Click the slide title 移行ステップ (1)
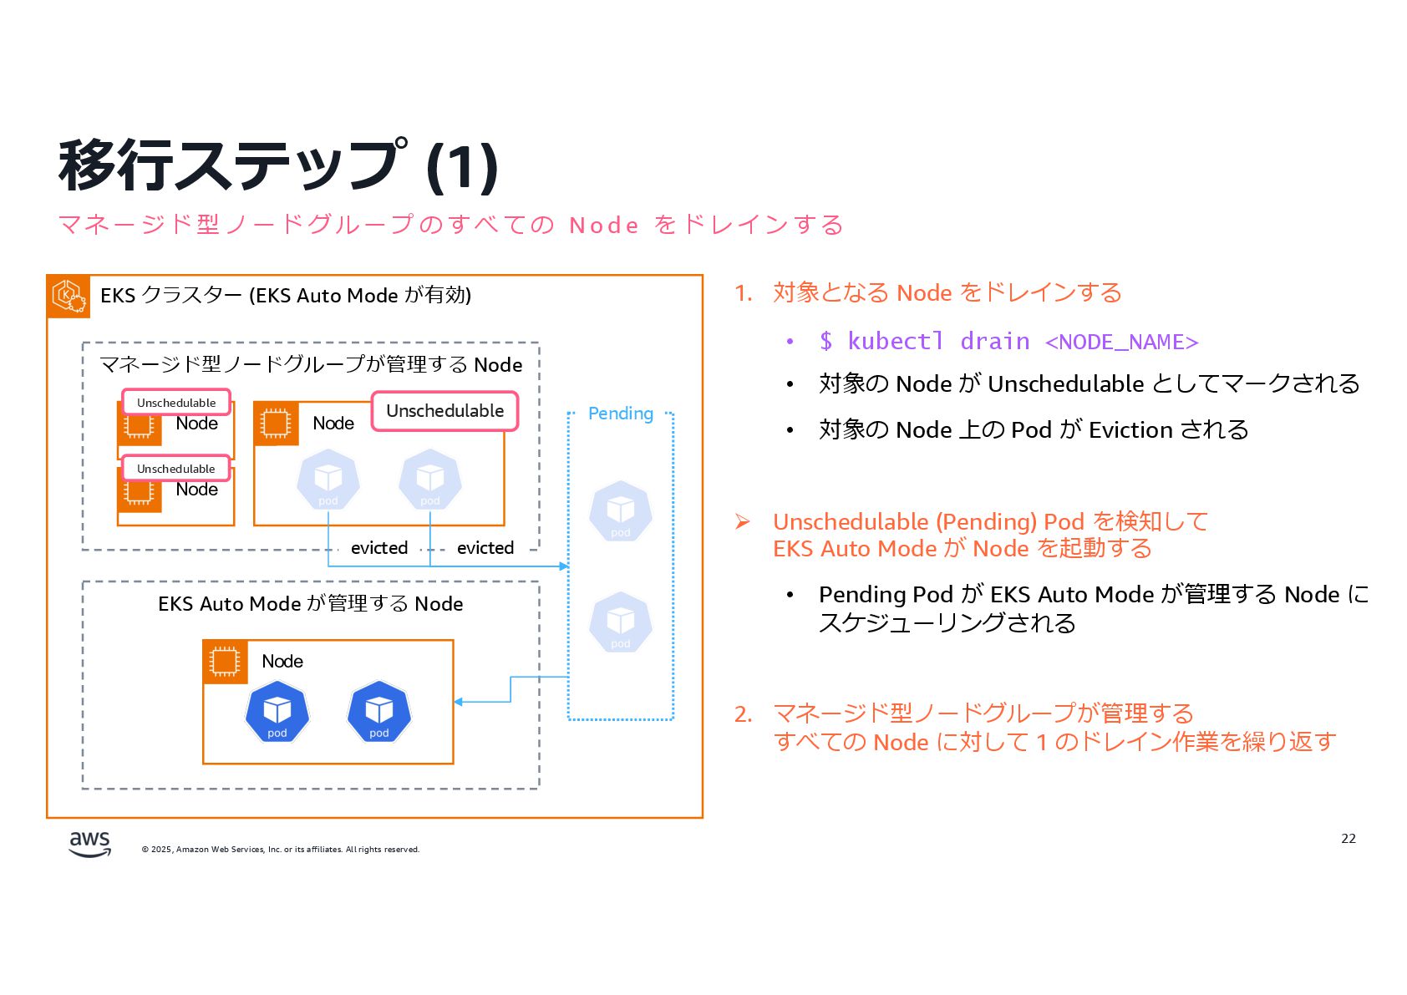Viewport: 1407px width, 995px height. (x=278, y=165)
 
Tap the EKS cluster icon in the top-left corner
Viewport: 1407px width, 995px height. (x=69, y=297)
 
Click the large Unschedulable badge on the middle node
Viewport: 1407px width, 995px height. (x=444, y=411)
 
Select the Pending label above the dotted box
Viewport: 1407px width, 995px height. (x=620, y=414)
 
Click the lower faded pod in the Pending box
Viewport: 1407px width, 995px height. (x=620, y=622)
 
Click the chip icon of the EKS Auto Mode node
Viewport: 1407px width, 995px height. (x=225, y=662)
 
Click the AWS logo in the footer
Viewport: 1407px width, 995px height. (x=89, y=844)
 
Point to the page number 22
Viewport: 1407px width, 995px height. (x=1348, y=839)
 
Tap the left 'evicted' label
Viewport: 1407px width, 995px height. (x=379, y=548)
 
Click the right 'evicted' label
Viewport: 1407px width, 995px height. (x=485, y=548)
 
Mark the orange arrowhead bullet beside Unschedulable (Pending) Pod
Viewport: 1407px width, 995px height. (x=742, y=522)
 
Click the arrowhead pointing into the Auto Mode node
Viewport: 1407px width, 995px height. (x=459, y=702)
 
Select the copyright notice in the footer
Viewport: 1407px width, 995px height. (x=281, y=850)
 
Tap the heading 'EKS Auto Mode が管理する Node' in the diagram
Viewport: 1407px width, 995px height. (x=310, y=604)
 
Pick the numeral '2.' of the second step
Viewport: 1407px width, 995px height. (x=743, y=714)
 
